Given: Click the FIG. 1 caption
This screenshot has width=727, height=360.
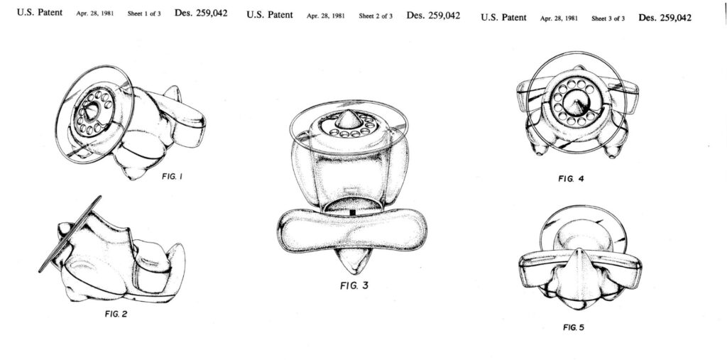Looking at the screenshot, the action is coord(172,176).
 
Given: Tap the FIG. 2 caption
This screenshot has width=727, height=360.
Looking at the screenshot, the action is coord(116,314).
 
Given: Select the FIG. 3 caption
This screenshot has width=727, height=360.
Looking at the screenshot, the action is coord(354,285).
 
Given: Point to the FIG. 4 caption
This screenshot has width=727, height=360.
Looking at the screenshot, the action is coord(572,179).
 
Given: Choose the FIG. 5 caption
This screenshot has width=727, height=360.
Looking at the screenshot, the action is coord(574,327).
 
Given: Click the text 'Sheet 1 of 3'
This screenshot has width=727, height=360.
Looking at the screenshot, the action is coord(144,14).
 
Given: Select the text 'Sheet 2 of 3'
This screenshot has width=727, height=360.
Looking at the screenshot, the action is coord(376,16).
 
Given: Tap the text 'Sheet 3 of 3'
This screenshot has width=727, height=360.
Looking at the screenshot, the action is coord(608,18).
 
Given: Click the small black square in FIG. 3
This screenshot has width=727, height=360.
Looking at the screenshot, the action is coord(352,212).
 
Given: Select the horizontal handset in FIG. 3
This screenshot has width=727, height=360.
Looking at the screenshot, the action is coord(352,231).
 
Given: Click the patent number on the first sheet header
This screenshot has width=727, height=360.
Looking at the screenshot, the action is coord(201,13).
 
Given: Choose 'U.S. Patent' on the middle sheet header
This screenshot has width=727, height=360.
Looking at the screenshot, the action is coord(269,15).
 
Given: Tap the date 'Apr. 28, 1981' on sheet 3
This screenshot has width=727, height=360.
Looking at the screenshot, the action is coord(559,18).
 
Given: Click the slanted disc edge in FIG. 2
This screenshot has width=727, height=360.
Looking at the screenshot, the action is coord(70,234).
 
